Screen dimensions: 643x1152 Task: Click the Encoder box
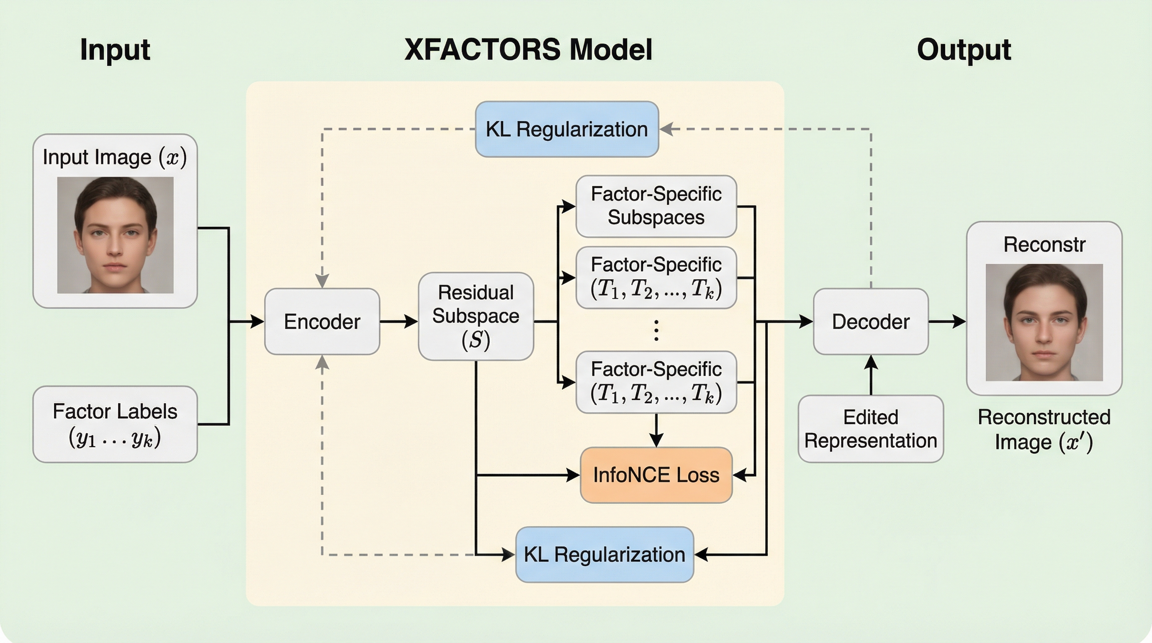322,321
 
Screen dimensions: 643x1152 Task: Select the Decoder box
870,321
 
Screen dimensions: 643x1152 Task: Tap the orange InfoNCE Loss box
656,475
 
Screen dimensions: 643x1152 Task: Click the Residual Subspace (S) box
476,316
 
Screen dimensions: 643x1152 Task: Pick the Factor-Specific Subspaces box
656,206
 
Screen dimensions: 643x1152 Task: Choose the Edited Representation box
870,428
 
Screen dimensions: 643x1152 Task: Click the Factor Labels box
115,424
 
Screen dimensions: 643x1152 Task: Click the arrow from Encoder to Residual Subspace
399,321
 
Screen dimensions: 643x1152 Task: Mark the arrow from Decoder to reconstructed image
947,321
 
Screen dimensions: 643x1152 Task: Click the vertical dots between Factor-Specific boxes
656,330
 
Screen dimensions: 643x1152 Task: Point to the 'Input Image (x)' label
115,157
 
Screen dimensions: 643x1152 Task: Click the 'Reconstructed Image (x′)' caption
1044,429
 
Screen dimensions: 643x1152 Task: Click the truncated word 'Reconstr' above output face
1044,244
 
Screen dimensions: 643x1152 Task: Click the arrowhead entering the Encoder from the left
257,321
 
